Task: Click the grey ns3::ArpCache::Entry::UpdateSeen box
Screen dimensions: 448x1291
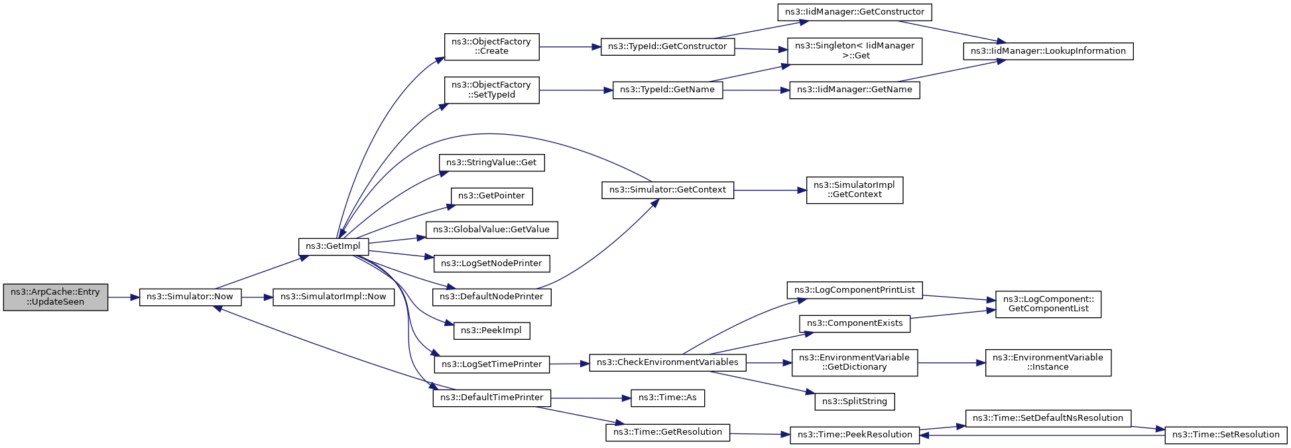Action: pos(55,297)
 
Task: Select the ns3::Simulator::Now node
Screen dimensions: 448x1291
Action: pos(190,297)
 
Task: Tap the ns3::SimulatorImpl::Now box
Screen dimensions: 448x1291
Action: pos(333,297)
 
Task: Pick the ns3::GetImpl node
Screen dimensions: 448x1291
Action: pos(333,246)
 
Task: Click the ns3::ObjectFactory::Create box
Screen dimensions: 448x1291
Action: pos(491,46)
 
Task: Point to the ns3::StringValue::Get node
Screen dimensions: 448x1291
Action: pos(491,163)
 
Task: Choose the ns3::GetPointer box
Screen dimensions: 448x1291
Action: pos(491,196)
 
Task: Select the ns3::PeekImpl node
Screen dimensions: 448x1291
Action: pos(491,331)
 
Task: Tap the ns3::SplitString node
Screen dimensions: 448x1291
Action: pos(854,402)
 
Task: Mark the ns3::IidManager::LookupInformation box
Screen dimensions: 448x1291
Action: pos(1048,51)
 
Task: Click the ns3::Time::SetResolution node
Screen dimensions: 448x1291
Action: pos(1225,435)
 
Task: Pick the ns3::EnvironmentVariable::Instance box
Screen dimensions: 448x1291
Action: pos(1048,362)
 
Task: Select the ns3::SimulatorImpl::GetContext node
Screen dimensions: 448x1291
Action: pos(854,190)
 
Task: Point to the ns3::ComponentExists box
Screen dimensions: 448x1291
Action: pos(854,323)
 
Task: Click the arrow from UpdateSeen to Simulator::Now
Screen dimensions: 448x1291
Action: pos(123,297)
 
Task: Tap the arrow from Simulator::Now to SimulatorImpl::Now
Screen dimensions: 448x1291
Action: pos(257,297)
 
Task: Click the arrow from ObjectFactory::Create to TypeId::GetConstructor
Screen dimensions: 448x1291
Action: pos(570,47)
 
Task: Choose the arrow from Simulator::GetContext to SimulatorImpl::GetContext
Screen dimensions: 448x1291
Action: pos(769,190)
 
